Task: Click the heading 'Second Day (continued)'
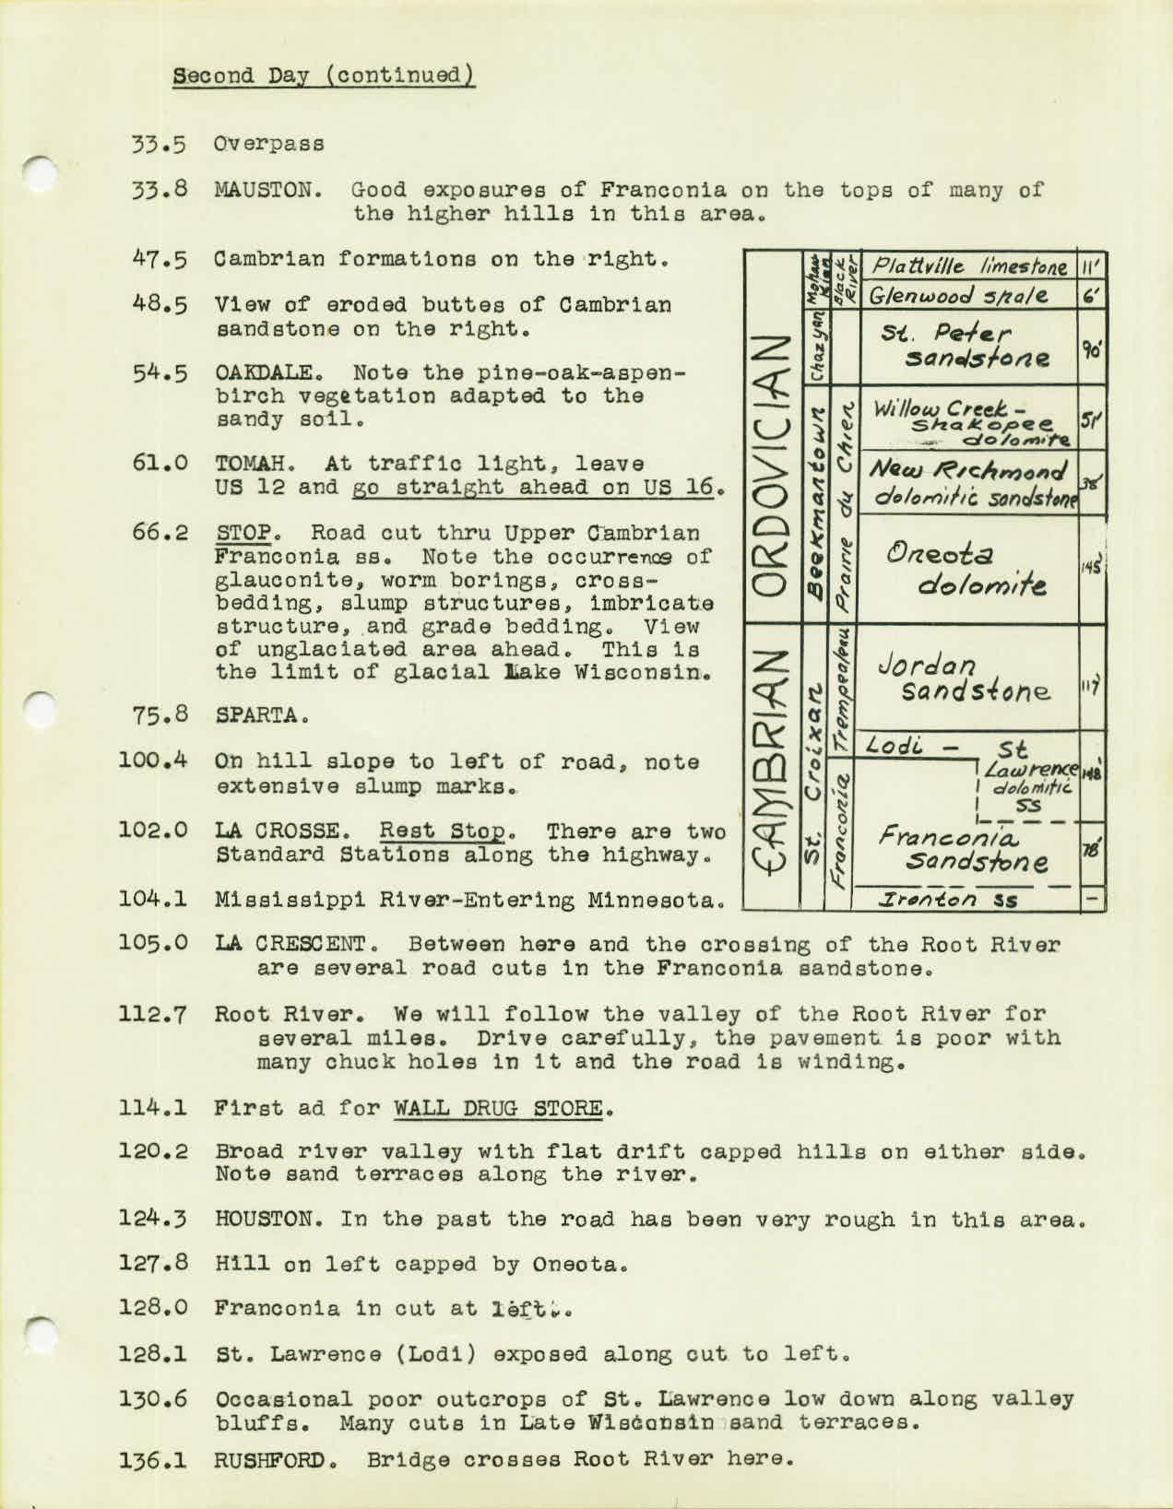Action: (323, 74)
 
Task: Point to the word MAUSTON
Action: (266, 192)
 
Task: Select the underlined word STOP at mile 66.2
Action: (242, 533)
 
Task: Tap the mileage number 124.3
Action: (154, 1219)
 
